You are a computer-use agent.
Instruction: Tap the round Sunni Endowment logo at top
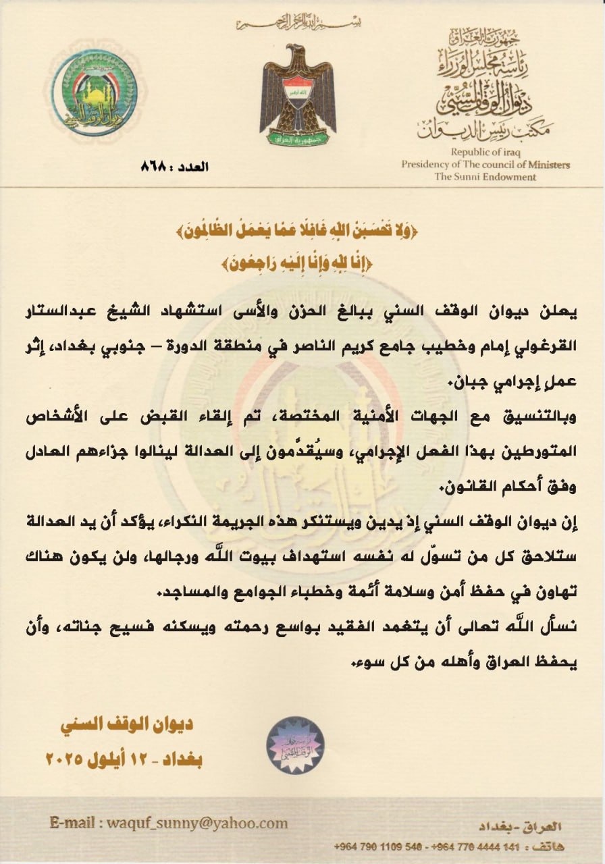tap(95, 92)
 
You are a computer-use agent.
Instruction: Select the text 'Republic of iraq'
tap(486, 153)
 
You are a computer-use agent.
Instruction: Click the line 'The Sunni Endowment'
tap(485, 177)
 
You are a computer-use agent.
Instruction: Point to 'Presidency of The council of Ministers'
tap(485, 165)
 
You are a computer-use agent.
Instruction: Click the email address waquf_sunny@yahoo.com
tap(196, 823)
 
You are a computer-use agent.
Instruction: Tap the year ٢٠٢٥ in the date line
tap(64, 759)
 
